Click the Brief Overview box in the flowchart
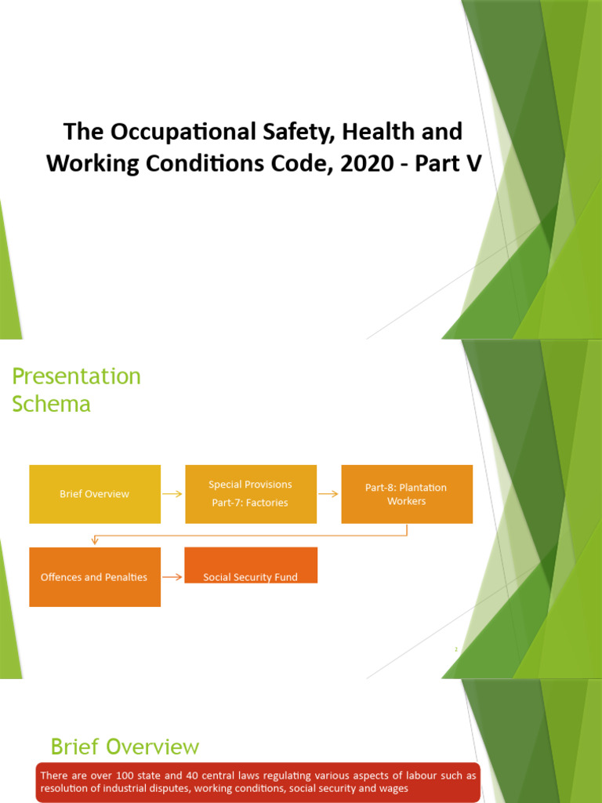point(95,494)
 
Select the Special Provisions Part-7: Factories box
point(250,494)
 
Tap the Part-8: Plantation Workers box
point(406,494)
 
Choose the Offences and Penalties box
point(95,577)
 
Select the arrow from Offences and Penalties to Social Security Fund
point(172,577)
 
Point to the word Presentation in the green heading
point(77,376)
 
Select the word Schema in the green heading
point(51,404)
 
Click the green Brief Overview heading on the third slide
point(125,746)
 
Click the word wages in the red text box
point(391,788)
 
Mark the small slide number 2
point(455,649)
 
